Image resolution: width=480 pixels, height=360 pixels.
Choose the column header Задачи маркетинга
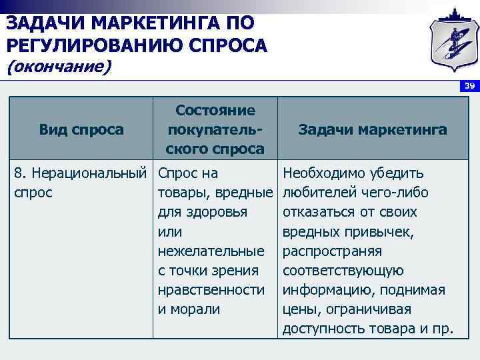[x=373, y=129]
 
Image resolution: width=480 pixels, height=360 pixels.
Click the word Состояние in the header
[x=215, y=111]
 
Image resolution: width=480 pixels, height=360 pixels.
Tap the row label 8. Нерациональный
[x=80, y=173]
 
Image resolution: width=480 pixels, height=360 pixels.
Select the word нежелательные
[x=211, y=251]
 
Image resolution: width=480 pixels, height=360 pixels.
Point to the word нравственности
[x=211, y=290]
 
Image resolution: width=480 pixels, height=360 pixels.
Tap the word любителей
[x=315, y=193]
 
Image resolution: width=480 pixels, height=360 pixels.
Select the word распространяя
[x=332, y=251]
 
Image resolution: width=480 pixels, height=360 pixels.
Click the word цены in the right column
[x=298, y=309]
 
